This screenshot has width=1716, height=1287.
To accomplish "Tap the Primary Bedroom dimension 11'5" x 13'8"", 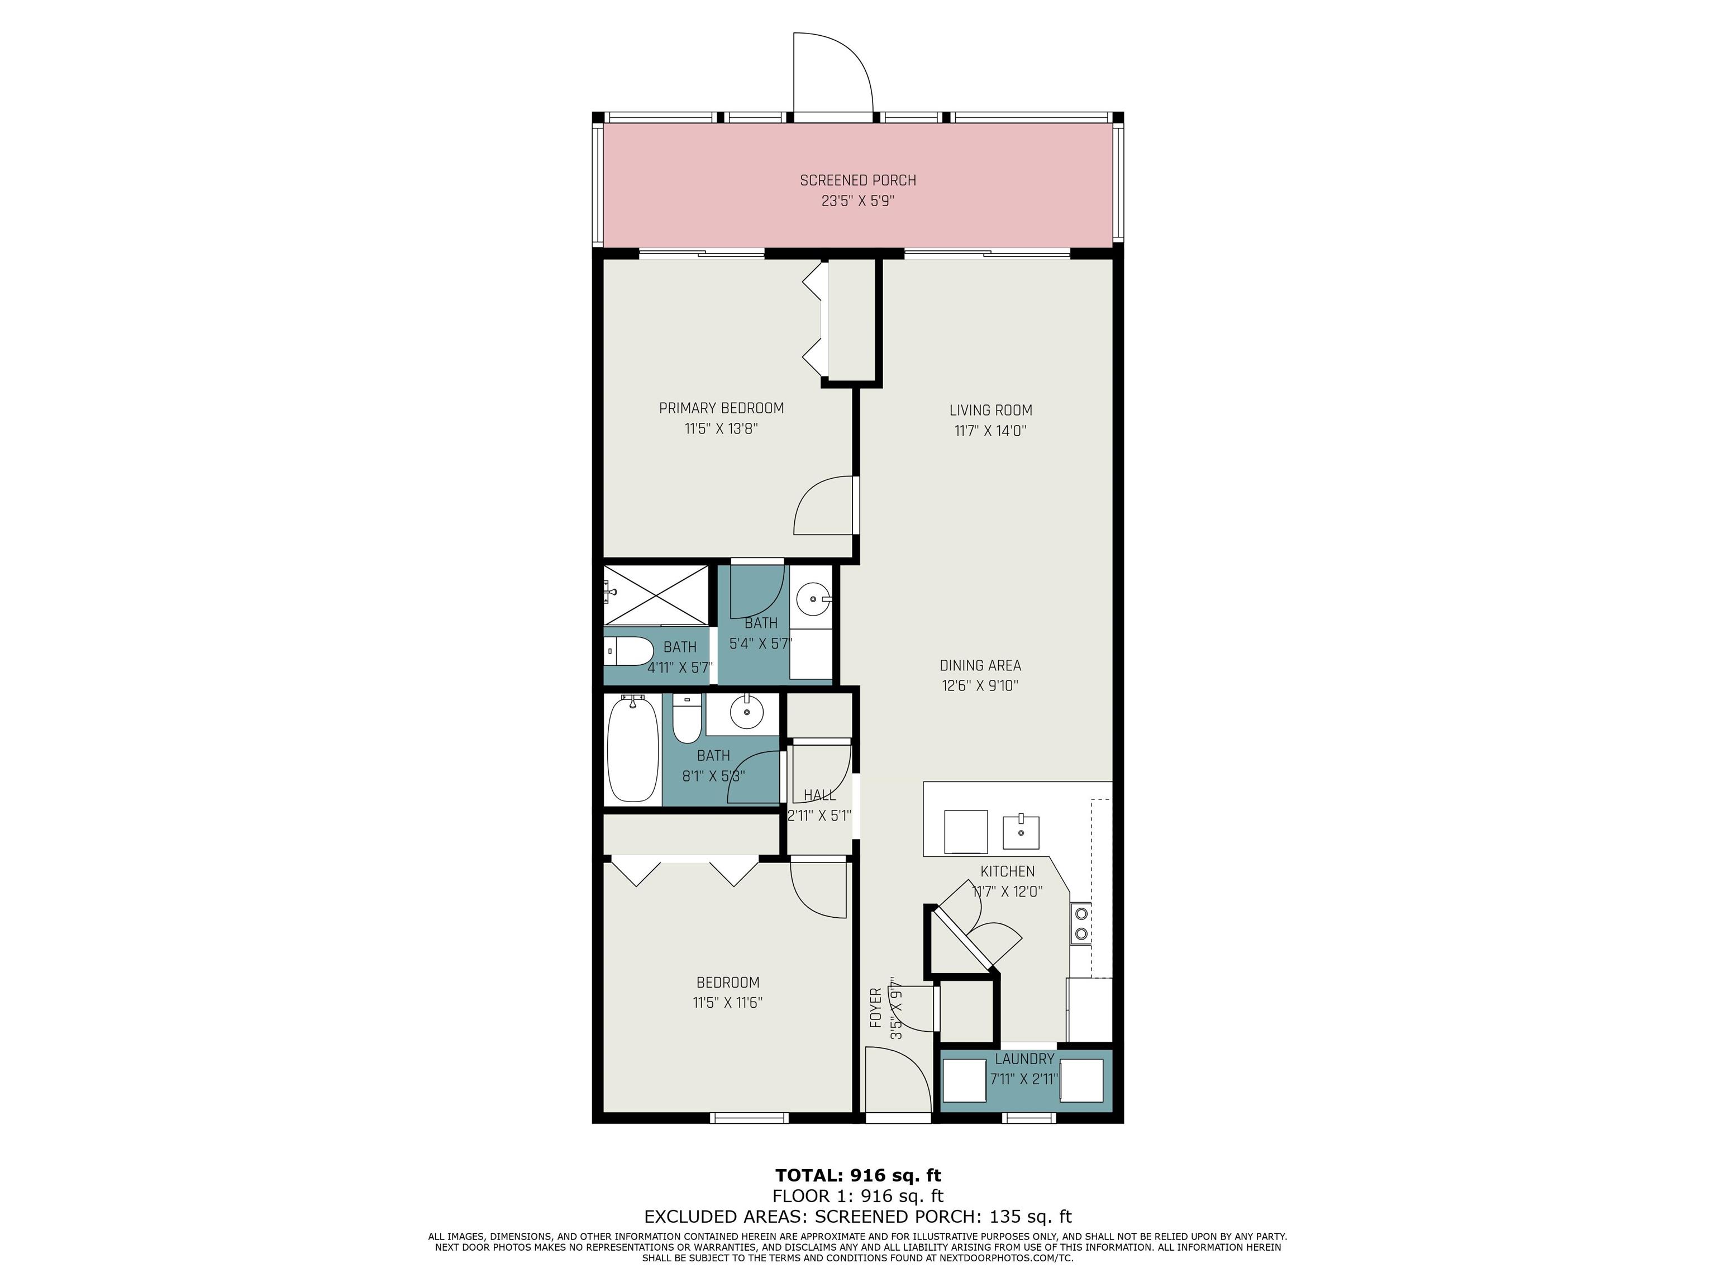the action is (721, 428).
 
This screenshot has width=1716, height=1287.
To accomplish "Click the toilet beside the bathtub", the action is (687, 718).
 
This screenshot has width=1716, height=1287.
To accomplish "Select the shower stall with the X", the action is (656, 595).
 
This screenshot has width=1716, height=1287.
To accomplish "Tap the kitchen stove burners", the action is (1081, 924).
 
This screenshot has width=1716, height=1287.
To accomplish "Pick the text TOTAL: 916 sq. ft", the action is (858, 1175).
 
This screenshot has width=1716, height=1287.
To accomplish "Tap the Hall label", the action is (819, 795).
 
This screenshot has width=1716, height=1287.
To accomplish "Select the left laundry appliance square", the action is (964, 1080).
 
